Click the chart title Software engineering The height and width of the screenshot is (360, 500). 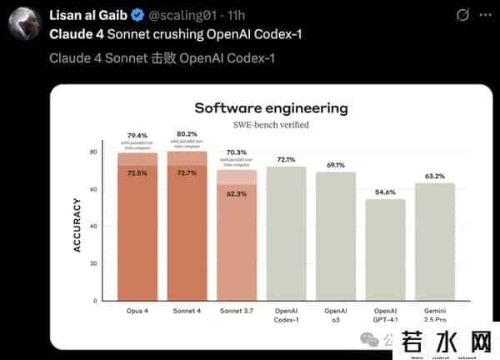(271, 108)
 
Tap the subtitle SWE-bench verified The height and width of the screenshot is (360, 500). (271, 125)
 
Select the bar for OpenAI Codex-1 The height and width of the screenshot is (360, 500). (286, 233)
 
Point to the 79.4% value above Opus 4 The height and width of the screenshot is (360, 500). (137, 135)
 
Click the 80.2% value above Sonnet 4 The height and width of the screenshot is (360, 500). (187, 133)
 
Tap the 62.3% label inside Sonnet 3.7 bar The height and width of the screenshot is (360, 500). (237, 193)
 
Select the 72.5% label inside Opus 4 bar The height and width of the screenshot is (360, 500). (137, 173)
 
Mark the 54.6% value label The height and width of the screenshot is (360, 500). (385, 192)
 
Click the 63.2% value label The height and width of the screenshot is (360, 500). (435, 176)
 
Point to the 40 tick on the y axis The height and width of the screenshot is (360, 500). (94, 226)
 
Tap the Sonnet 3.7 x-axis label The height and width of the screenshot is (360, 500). (237, 312)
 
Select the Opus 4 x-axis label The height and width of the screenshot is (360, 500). (137, 312)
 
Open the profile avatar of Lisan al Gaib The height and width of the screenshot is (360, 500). (25, 24)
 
